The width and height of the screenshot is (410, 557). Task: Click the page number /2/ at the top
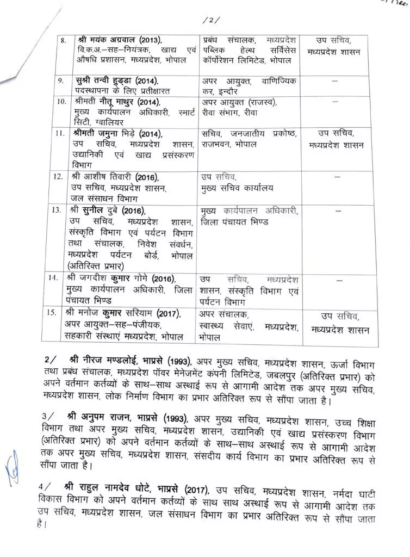(x=210, y=21)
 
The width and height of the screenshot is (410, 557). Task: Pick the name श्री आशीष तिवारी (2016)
(x=113, y=177)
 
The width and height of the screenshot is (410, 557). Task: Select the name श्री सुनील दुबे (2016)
(x=109, y=209)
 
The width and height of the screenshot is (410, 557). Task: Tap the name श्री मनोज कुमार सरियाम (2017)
(x=123, y=314)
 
